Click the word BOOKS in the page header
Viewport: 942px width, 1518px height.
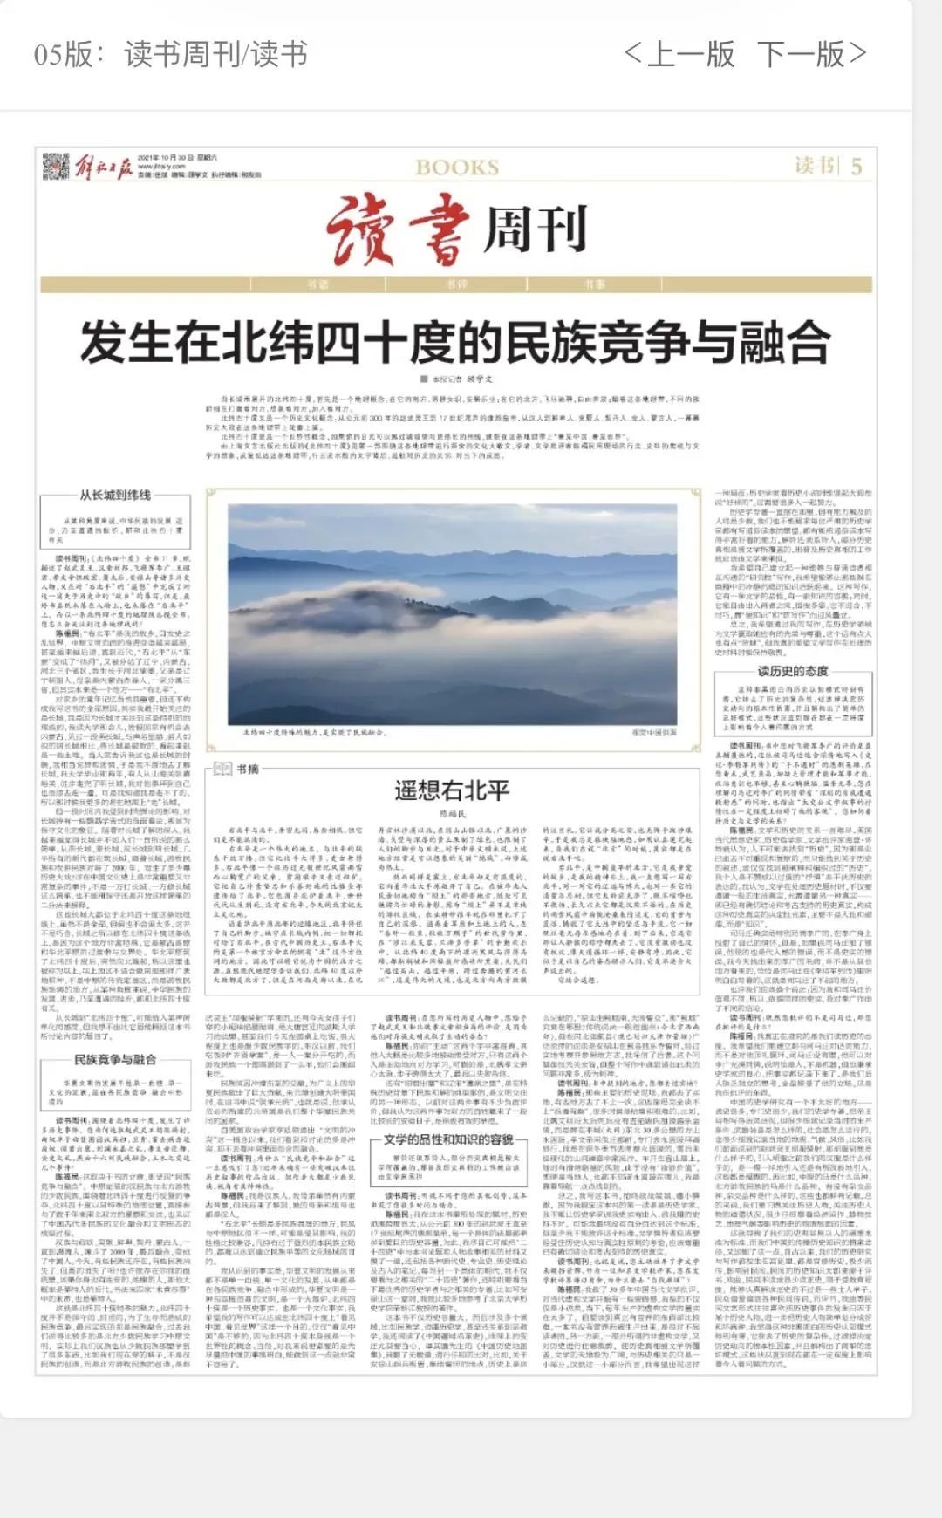(x=457, y=168)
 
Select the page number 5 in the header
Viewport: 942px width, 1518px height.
(x=857, y=166)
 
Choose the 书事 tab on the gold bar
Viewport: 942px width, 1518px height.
(x=595, y=284)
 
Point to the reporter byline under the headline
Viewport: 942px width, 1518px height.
(x=457, y=379)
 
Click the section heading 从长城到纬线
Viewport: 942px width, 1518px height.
(x=115, y=495)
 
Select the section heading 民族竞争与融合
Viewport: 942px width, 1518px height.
(x=115, y=1059)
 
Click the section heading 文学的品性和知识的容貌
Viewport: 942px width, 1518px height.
(x=448, y=1140)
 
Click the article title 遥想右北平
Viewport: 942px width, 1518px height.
(x=451, y=790)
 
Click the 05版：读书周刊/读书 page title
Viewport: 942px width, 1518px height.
(x=171, y=54)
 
